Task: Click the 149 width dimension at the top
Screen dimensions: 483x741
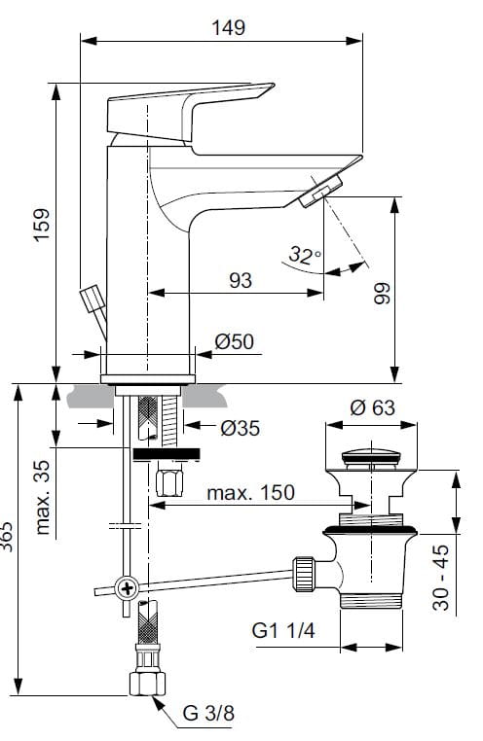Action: (228, 27)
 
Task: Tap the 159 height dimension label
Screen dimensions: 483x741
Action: (42, 225)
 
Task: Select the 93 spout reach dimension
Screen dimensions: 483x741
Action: (241, 280)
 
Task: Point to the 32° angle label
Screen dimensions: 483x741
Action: (305, 255)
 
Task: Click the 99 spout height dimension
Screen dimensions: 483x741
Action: (383, 293)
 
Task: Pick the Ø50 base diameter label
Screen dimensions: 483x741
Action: (235, 341)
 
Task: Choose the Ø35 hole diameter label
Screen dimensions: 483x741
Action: (241, 428)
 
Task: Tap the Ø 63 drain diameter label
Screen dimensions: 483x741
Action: (372, 407)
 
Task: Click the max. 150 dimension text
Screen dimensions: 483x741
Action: (250, 493)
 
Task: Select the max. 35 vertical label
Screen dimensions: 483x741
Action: (43, 497)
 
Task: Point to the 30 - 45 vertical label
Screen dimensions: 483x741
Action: (441, 577)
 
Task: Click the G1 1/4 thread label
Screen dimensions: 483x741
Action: (283, 630)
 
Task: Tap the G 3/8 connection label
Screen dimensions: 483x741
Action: (208, 713)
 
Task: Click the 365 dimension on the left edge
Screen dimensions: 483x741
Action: (7, 537)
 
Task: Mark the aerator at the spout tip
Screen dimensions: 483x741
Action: (320, 191)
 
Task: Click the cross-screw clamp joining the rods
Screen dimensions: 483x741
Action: (127, 589)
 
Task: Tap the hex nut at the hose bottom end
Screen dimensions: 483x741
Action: (147, 684)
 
